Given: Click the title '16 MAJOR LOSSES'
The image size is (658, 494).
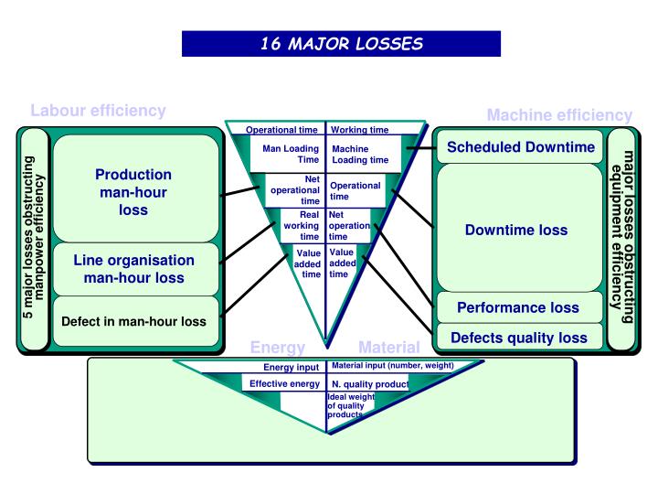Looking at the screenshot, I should pyautogui.click(x=341, y=43).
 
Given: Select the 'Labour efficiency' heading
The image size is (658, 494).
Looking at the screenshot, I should pyautogui.click(x=98, y=111).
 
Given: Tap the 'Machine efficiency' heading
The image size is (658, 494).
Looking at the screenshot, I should pyautogui.click(x=558, y=115).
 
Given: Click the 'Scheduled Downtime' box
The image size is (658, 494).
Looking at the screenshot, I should pyautogui.click(x=521, y=147).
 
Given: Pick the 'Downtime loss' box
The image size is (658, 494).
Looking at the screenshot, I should pyautogui.click(x=515, y=230).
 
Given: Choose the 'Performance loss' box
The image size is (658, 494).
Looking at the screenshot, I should pyautogui.click(x=518, y=307).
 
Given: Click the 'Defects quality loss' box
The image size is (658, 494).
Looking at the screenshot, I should pyautogui.click(x=518, y=338).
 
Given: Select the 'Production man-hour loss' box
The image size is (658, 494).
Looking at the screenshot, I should pyautogui.click(x=133, y=192).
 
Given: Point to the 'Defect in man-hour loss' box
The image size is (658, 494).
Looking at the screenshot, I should pyautogui.click(x=133, y=321).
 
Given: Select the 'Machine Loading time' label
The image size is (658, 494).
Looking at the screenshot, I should pyautogui.click(x=359, y=154).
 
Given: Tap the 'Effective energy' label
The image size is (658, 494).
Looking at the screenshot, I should pyautogui.click(x=284, y=383).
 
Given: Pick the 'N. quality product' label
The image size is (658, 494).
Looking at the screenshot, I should pyautogui.click(x=369, y=384).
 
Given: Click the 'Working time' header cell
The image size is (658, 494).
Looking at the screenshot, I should pyautogui.click(x=359, y=130).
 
